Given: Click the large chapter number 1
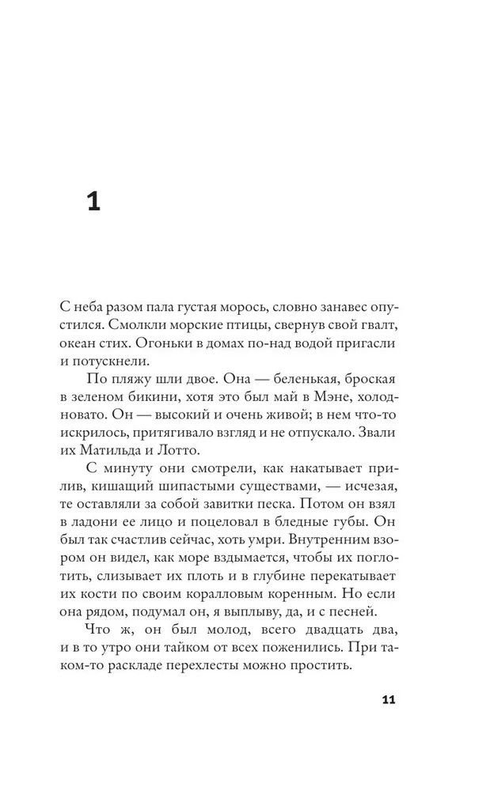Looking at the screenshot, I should pyautogui.click(x=93, y=202).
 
